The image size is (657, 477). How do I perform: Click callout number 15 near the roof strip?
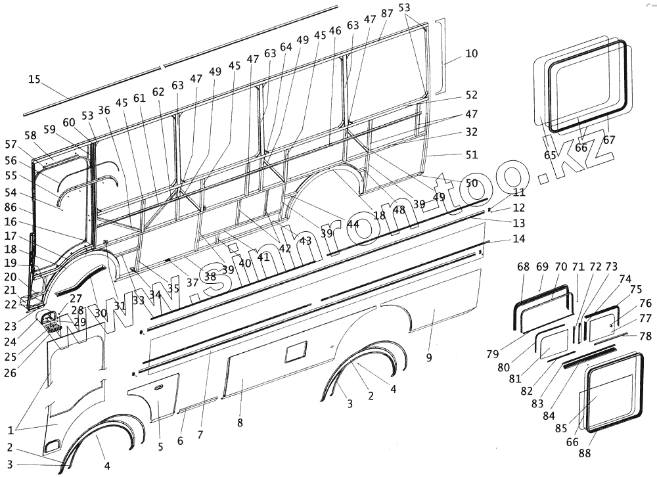pyautogui.click(x=34, y=79)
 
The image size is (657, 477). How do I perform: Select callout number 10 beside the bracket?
pyautogui.click(x=471, y=53)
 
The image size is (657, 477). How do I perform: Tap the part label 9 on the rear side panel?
pyautogui.click(x=428, y=358)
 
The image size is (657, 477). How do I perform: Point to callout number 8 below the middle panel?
pyautogui.click(x=240, y=423)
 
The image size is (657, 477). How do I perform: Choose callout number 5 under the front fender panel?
pyautogui.click(x=160, y=447)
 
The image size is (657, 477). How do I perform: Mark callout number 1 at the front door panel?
pyautogui.click(x=11, y=430)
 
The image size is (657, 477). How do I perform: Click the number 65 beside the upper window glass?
pyautogui.click(x=550, y=155)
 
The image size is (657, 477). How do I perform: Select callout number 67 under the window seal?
pyautogui.click(x=608, y=139)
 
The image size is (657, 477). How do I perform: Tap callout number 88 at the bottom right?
pyautogui.click(x=584, y=453)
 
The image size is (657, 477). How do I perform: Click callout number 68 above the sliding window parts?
pyautogui.click(x=523, y=267)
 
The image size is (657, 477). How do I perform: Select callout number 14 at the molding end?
pyautogui.click(x=519, y=239)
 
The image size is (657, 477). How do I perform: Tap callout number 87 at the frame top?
pyautogui.click(x=387, y=13)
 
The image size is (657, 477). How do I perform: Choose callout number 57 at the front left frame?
pyautogui.click(x=11, y=144)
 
